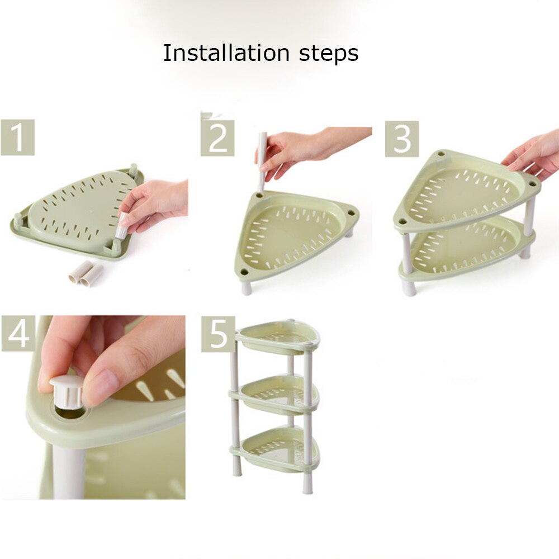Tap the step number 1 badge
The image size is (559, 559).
point(18,138)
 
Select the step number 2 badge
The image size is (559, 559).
point(217,138)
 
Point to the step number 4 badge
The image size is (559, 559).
point(18,334)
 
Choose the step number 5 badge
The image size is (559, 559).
point(218,334)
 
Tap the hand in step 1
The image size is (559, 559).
point(154,204)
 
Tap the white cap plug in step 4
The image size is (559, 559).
point(66,391)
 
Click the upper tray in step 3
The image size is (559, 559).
point(464,193)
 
